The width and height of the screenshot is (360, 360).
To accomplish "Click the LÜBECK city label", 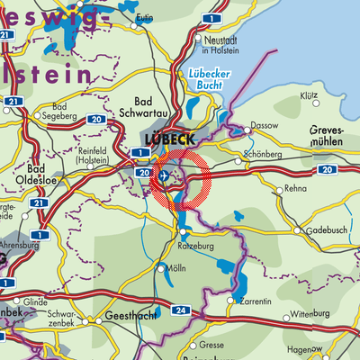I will coord(166,141).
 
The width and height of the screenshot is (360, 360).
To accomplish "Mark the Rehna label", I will coord(294,189).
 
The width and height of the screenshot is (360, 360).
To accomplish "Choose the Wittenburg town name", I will coord(310,317).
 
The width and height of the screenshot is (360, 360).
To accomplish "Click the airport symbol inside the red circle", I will coord(164,176).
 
